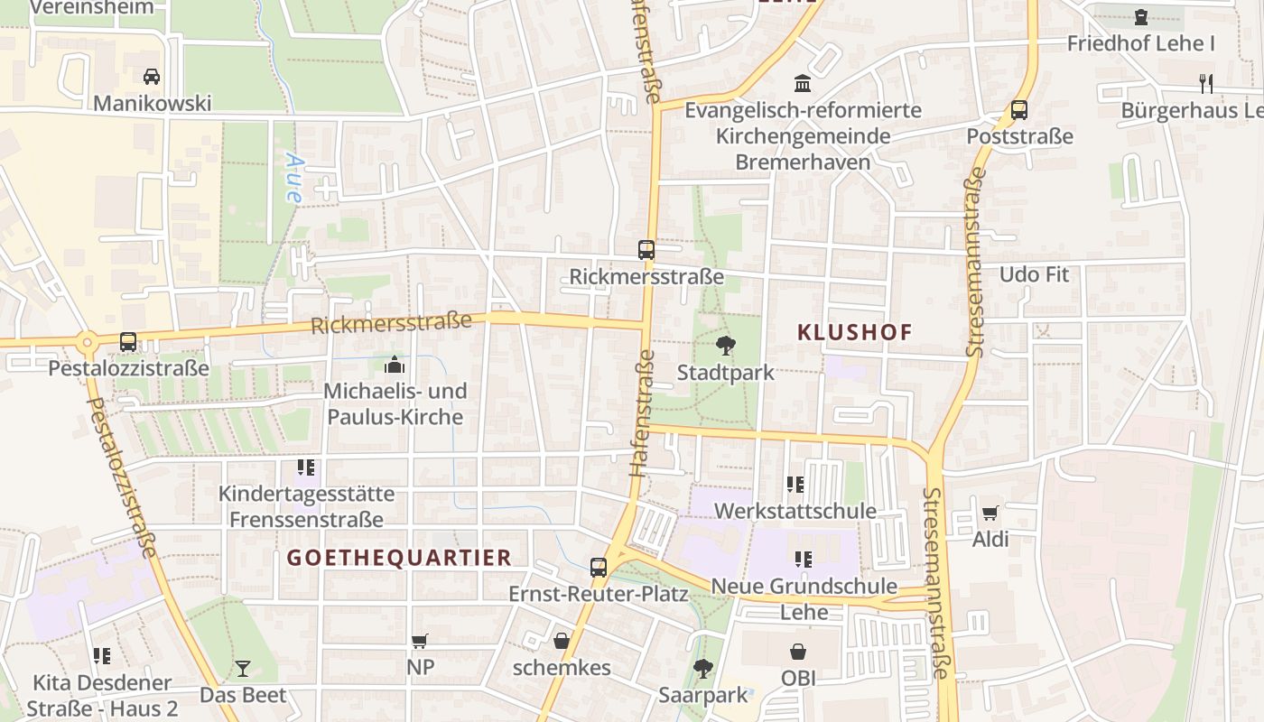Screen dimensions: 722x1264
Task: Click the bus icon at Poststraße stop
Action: [x=1019, y=110]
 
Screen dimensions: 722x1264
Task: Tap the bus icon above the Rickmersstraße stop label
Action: [x=646, y=250]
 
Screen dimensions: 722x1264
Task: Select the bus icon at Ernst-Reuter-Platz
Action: [x=599, y=568]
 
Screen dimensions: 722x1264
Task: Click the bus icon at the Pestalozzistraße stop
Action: [x=128, y=342]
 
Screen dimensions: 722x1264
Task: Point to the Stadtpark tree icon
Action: [x=724, y=345]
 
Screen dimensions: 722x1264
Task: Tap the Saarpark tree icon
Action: [x=703, y=669]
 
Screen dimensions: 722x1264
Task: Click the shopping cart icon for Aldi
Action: [x=990, y=513]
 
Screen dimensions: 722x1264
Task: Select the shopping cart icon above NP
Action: [x=420, y=641]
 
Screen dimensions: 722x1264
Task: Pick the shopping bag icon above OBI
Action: [x=798, y=651]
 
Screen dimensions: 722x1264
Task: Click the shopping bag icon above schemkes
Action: [x=562, y=641]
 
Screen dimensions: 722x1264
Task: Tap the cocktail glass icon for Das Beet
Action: [x=243, y=669]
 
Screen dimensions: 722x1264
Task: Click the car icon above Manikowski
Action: [x=152, y=76]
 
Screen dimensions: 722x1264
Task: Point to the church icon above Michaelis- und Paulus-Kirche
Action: [x=395, y=365]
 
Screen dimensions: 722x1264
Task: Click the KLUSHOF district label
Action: [x=855, y=332]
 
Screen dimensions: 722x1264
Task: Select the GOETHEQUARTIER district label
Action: [x=399, y=558]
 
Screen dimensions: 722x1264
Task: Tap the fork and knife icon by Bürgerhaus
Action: [x=1205, y=84]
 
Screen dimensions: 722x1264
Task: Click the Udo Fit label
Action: [x=1034, y=274]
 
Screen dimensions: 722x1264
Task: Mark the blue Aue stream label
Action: [x=293, y=177]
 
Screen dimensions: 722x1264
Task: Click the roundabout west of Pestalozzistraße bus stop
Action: [x=88, y=342]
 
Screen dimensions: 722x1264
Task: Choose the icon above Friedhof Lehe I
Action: [x=1141, y=17]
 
